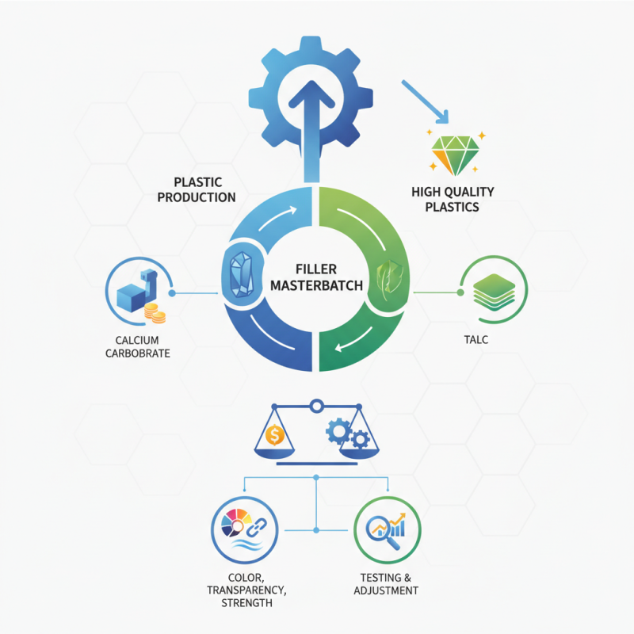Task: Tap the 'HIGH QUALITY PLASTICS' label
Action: click(x=453, y=199)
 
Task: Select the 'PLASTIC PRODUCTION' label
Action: click(x=196, y=189)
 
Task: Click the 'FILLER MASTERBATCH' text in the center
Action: click(x=317, y=277)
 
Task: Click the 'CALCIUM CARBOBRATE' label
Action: click(x=138, y=346)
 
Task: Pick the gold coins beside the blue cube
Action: click(x=155, y=315)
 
